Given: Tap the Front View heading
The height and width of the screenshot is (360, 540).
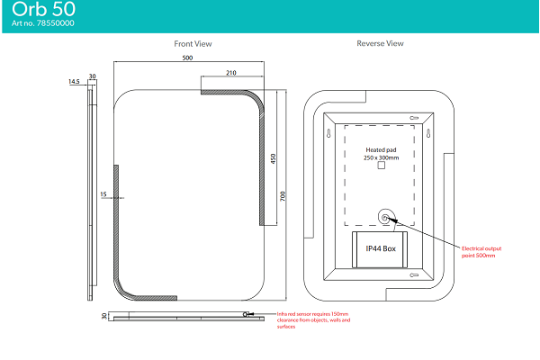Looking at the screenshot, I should click(x=193, y=43).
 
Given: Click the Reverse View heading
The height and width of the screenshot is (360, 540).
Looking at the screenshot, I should click(x=380, y=43).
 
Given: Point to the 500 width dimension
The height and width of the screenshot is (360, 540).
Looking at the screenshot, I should click(x=187, y=58).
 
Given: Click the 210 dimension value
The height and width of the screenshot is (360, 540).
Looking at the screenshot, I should click(x=231, y=73).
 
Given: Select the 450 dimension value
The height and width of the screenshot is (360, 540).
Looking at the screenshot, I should click(x=273, y=158).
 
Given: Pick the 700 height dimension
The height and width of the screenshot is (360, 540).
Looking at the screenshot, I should click(x=283, y=195).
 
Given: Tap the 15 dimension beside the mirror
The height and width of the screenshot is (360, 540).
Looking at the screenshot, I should click(x=103, y=193).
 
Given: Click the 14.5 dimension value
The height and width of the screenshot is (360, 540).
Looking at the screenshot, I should click(x=74, y=82).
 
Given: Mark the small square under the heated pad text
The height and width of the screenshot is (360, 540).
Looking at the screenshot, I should click(x=381, y=166).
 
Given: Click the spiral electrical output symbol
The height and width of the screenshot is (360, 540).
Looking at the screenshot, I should click(x=386, y=217).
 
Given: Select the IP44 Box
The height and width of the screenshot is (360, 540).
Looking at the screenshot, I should click(x=380, y=248).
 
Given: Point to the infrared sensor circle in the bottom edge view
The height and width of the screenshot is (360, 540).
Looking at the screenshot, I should click(x=245, y=314).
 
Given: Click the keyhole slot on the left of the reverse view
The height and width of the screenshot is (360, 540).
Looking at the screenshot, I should click(x=328, y=134).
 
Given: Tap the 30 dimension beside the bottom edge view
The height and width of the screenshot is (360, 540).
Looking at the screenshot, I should click(x=104, y=315).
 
